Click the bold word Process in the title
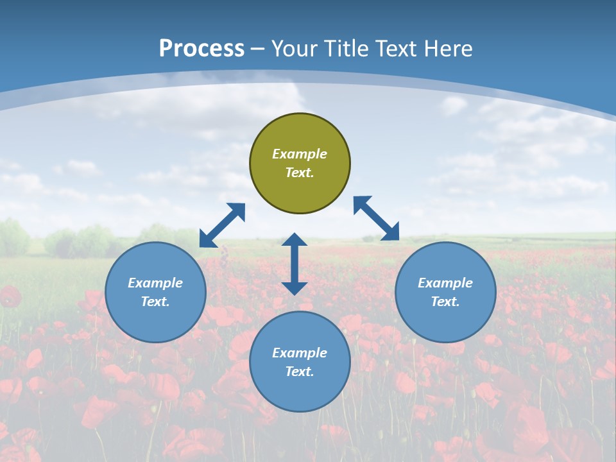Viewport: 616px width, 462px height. coord(201,49)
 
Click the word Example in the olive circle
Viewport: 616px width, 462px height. coord(300,154)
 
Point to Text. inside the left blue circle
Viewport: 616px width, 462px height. coord(155,302)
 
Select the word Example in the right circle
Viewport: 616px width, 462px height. coord(445,283)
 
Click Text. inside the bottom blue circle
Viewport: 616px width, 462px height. coord(300,372)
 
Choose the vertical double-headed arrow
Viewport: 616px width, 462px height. coord(295,264)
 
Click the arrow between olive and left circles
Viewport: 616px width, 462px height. coord(222,225)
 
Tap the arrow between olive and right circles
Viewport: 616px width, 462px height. coord(377,218)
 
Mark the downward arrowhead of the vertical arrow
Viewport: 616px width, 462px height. coord(295,287)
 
